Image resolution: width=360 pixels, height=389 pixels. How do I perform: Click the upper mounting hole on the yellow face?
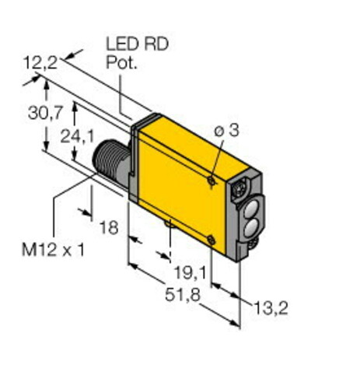211,180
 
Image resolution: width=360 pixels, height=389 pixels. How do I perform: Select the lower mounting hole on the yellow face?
211,240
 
